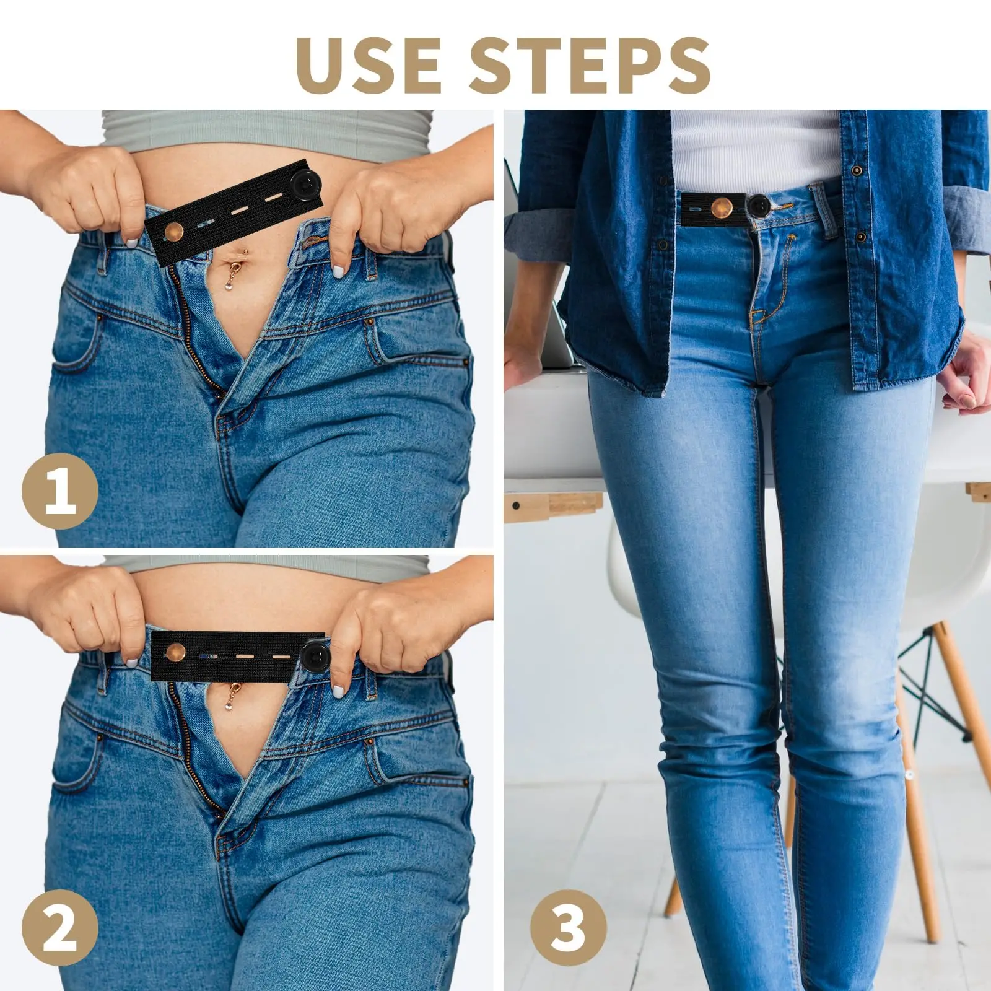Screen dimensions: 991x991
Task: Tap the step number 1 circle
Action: pos(60,490)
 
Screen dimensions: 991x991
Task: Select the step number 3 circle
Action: pos(569,928)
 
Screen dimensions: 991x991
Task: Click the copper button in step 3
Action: pos(722,207)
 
